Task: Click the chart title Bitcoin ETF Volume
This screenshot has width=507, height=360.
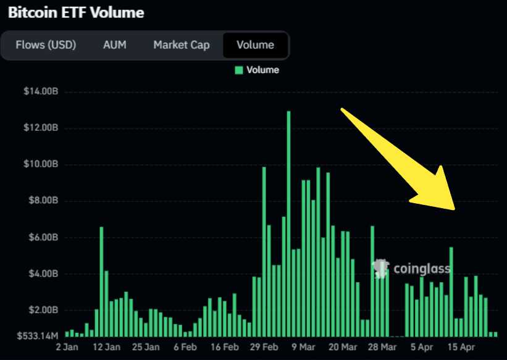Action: [x=75, y=13]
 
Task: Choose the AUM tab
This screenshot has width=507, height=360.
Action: [x=114, y=45]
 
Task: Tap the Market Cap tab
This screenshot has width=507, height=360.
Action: [x=182, y=45]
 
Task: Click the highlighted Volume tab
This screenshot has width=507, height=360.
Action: [x=256, y=45]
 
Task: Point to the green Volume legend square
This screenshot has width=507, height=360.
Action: [x=239, y=70]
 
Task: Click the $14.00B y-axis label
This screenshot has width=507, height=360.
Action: [x=41, y=91]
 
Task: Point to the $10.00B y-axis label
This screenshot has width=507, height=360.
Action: [x=41, y=165]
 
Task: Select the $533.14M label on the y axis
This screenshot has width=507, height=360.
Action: [x=37, y=336]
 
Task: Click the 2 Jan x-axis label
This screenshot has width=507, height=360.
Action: [x=67, y=347]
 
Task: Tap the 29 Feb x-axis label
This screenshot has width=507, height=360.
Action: [x=266, y=347]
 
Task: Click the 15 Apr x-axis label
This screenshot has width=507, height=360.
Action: [x=460, y=347]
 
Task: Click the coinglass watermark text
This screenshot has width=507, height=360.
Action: [x=422, y=269]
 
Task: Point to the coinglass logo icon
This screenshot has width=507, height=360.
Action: [x=381, y=267]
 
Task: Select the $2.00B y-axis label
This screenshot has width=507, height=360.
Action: [x=43, y=311]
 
